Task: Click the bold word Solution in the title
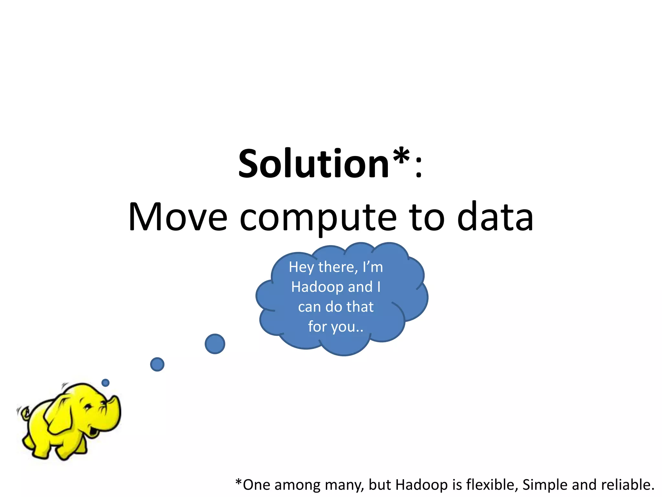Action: click(314, 164)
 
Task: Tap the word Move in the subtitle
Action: click(178, 217)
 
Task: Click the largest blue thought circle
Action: click(215, 344)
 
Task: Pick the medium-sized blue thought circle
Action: click(157, 364)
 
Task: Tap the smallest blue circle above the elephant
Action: click(105, 383)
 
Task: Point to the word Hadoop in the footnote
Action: click(422, 485)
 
